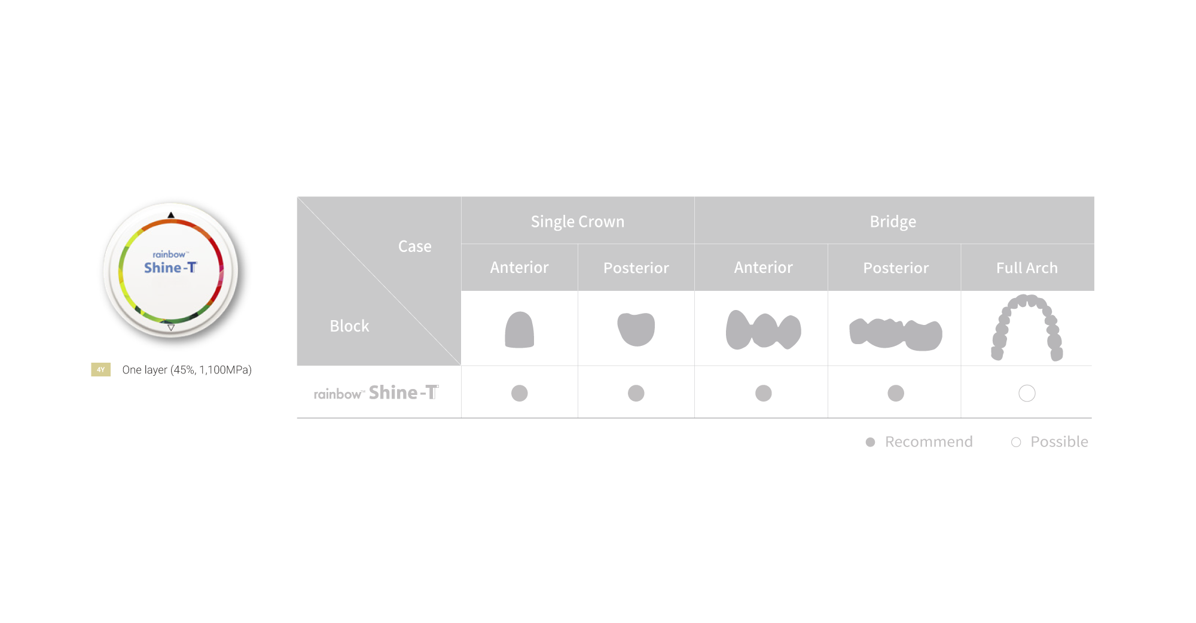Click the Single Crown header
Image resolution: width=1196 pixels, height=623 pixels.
point(577,221)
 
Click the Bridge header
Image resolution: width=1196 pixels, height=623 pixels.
point(893,221)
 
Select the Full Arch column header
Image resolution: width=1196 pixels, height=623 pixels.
point(1027,268)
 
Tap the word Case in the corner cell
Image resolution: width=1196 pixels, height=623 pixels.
point(414,246)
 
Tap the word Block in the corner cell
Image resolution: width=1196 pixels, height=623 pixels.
point(349,326)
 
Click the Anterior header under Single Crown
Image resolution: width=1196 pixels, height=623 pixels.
point(519,268)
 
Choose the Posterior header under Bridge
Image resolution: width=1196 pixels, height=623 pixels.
point(896,268)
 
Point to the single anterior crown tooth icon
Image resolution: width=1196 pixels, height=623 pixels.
point(519,330)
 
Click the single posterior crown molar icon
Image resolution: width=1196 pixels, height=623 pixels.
point(636,329)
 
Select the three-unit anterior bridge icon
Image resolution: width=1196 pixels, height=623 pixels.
point(763,330)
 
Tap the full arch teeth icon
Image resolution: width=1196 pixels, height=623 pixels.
point(1027,327)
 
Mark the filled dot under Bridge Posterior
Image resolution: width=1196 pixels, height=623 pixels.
point(895,393)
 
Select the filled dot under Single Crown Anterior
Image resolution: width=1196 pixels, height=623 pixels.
point(519,393)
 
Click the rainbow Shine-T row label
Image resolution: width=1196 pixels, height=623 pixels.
point(376,393)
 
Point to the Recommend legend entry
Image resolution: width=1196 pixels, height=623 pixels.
point(919,442)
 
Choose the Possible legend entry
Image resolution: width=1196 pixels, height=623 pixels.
point(1050,442)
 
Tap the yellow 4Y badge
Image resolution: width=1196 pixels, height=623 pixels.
point(100,370)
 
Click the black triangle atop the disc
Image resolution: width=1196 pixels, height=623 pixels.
point(171,215)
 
